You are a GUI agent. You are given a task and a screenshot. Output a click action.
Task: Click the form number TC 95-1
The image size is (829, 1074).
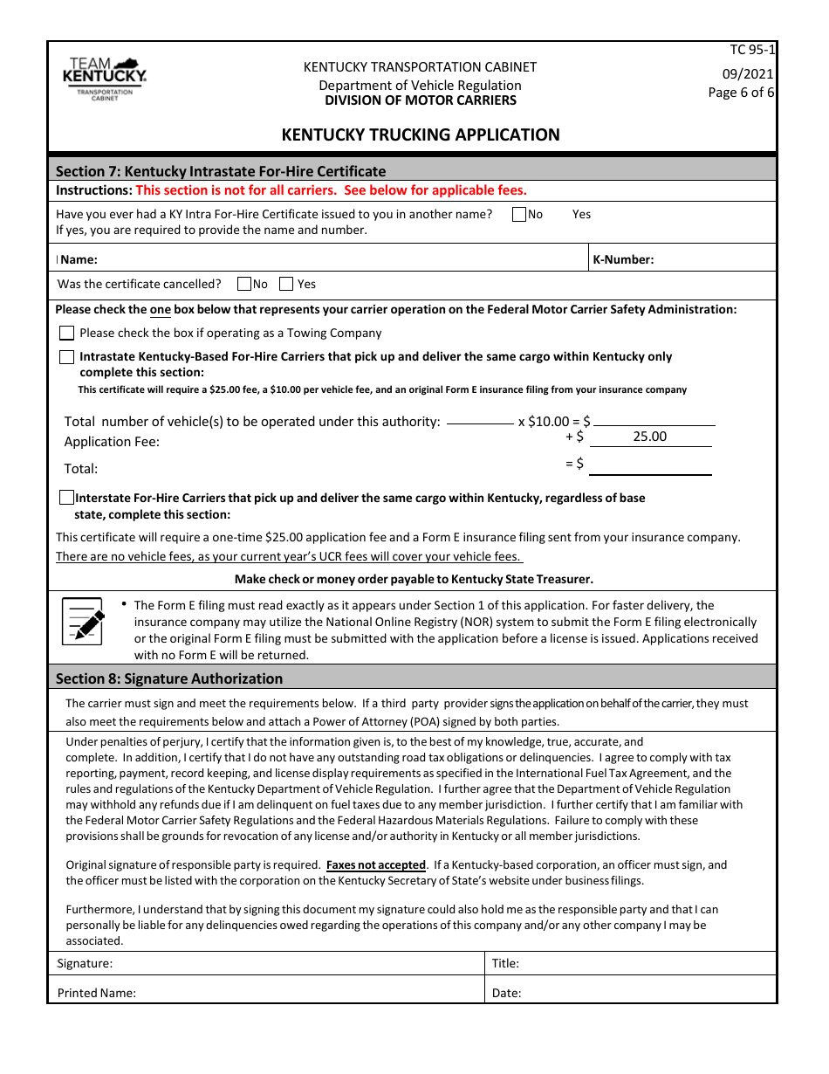tap(752, 51)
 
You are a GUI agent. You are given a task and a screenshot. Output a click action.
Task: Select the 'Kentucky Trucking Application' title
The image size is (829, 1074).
tap(421, 134)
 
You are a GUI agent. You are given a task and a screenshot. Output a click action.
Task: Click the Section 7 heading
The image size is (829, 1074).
tap(221, 171)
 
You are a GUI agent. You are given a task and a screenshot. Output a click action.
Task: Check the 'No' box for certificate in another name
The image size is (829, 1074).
tap(519, 214)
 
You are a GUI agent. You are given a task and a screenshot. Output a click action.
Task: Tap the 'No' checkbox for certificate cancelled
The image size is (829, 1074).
tap(244, 284)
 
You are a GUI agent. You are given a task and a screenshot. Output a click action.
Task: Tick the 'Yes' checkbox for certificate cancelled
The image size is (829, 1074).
tap(286, 284)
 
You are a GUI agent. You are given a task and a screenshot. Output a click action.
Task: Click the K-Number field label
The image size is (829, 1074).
tap(623, 259)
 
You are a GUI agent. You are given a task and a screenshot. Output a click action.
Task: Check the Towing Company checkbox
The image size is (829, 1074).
tap(67, 333)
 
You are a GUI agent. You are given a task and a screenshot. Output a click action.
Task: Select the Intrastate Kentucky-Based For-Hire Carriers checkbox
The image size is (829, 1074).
tap(67, 356)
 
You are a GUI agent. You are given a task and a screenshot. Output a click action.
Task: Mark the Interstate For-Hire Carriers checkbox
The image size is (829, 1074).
tap(67, 498)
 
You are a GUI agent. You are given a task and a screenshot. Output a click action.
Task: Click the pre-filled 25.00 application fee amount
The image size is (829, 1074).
tap(650, 437)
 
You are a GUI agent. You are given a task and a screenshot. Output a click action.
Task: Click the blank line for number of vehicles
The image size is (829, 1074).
tap(480, 423)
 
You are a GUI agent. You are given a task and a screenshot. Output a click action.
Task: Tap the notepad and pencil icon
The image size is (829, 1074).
tap(84, 621)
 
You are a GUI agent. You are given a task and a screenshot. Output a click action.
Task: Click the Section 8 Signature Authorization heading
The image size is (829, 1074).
tap(169, 678)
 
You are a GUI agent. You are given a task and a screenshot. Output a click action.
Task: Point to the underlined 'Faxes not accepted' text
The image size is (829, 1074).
tap(376, 865)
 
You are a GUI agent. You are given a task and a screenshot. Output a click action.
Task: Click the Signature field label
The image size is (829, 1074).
tap(85, 964)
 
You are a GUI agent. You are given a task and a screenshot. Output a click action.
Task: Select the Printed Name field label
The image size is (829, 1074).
tap(97, 993)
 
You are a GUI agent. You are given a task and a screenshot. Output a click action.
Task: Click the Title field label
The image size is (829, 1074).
tap(505, 964)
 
